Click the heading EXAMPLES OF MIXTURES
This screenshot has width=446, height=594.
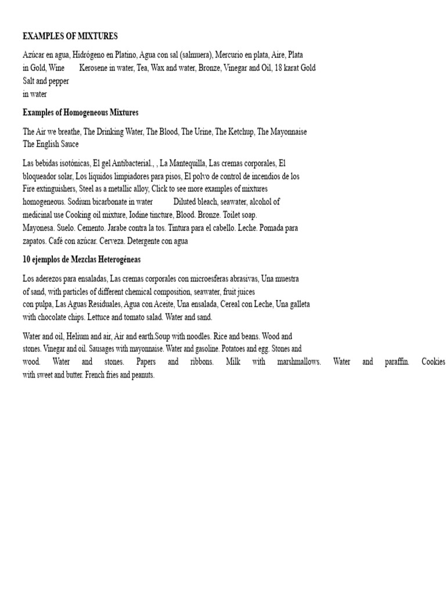(70, 36)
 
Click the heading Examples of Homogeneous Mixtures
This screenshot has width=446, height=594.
(80, 113)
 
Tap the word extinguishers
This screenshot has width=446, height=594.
(53, 189)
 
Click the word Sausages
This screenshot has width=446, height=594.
(142, 349)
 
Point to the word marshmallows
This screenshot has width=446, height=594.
(296, 362)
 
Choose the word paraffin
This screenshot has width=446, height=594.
(397, 362)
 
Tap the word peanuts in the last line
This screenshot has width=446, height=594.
(141, 375)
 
